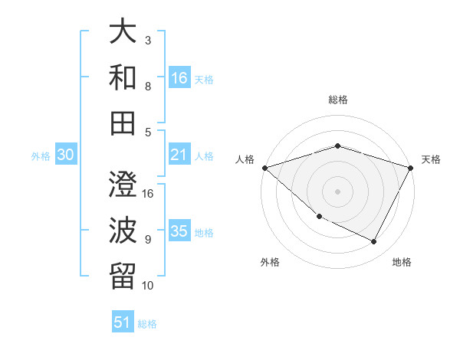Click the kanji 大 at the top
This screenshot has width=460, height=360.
(x=123, y=34)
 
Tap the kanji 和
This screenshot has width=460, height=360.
(x=123, y=78)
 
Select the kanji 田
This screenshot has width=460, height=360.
(x=123, y=123)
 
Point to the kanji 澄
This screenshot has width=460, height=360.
(x=123, y=185)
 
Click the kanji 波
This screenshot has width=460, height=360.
(x=123, y=229)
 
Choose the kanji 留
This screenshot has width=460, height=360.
(x=123, y=273)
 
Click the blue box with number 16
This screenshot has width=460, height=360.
(x=179, y=77)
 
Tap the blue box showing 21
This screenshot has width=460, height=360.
(x=179, y=155)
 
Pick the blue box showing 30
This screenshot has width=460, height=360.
(x=65, y=155)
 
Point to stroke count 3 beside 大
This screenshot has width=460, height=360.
(x=147, y=40)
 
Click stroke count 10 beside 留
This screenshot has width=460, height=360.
(x=148, y=286)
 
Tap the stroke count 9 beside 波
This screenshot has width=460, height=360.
(x=147, y=240)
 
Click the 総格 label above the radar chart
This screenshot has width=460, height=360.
(x=337, y=100)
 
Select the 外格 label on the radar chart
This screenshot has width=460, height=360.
(x=270, y=263)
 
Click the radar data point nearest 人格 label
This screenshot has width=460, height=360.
(x=264, y=168)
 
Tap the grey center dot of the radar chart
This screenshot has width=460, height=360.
(x=337, y=191)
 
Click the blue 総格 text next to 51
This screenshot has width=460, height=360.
(x=147, y=323)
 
